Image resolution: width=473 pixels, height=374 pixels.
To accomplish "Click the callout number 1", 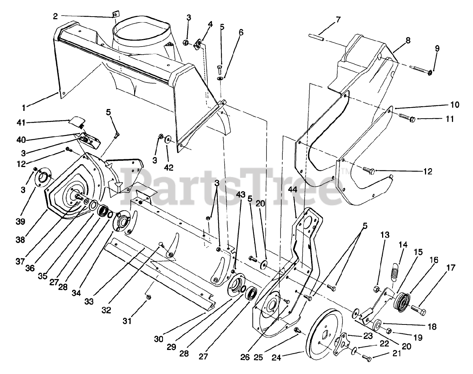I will [24, 109].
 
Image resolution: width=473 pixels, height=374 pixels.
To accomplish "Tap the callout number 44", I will [293, 201].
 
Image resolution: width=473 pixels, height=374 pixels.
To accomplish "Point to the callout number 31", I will [127, 322].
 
